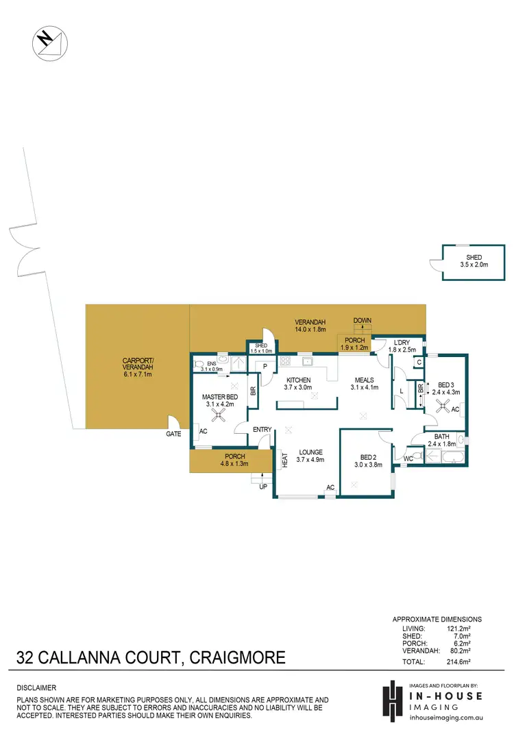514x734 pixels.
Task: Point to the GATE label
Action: [173, 434]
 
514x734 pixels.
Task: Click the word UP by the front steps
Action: [262, 487]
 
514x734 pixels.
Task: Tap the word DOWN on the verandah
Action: [361, 321]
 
